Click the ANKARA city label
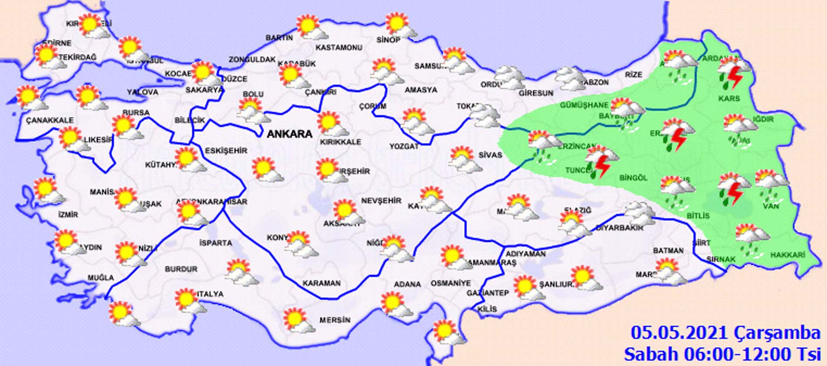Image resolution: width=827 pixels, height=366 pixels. [x=289, y=134]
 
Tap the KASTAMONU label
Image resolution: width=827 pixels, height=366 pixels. [x=339, y=47]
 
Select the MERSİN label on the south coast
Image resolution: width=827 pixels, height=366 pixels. [x=335, y=320]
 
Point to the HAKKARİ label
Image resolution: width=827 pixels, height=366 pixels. [x=788, y=255]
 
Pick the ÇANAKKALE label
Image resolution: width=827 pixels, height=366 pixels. [x=50, y=120]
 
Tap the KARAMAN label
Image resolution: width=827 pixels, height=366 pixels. [x=322, y=283]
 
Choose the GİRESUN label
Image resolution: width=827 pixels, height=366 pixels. [x=536, y=93]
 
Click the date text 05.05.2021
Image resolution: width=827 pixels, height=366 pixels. [x=679, y=333]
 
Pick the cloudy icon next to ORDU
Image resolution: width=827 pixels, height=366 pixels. [x=510, y=78]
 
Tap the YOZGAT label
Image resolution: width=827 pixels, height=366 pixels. [x=403, y=146]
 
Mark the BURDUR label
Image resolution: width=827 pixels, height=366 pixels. [x=181, y=269]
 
